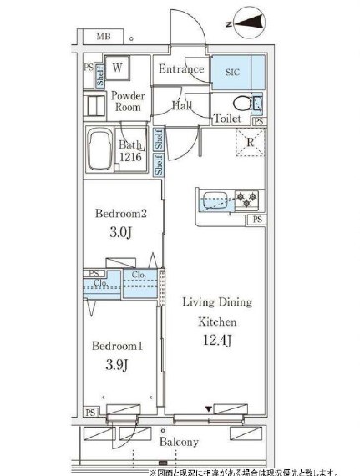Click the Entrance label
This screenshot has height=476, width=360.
pos(180,69)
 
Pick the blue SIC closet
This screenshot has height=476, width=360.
pos(236,72)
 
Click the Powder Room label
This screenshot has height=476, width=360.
pos(128,102)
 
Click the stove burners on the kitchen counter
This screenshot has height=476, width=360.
pos(246,200)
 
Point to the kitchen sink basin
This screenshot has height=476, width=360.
pos(213,200)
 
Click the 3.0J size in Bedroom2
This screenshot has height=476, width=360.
pos(120,231)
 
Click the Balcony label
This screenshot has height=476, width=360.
pos(176,441)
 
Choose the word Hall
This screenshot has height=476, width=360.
pos(182,106)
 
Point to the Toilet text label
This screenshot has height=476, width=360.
pos(228,119)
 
